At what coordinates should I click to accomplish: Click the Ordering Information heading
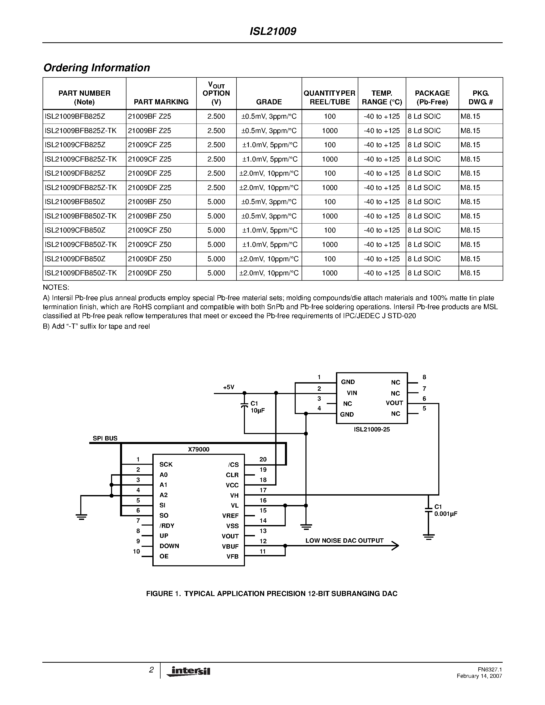click(96, 68)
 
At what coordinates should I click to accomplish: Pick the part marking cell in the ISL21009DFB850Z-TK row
click(150, 273)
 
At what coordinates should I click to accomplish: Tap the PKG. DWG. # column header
click(480, 97)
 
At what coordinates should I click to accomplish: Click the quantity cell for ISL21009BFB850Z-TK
click(330, 216)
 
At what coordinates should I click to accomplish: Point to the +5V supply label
click(229, 387)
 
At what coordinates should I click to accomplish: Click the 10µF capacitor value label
click(258, 411)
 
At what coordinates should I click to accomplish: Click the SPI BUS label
click(105, 438)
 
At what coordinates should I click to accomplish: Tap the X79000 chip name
click(199, 449)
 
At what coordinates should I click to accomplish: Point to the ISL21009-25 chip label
click(372, 430)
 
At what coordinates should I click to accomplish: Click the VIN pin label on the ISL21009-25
click(352, 393)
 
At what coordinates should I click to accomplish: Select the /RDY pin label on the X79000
click(167, 526)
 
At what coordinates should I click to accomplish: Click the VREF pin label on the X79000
click(230, 516)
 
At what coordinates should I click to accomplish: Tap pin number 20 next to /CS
click(263, 459)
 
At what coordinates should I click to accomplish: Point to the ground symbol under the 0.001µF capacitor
click(429, 537)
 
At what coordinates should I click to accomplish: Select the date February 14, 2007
click(479, 676)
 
